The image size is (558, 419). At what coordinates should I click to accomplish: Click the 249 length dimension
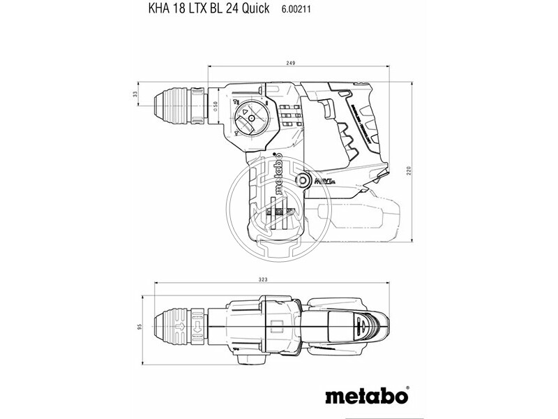(x=290, y=64)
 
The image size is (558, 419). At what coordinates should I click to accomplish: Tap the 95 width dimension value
(x=139, y=327)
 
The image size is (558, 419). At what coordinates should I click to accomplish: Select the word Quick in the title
(x=254, y=10)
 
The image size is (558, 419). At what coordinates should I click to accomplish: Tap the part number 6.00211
(x=296, y=10)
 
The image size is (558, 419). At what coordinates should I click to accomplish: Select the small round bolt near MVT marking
(x=303, y=181)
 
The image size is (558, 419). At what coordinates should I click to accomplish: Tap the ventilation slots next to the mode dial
(x=291, y=117)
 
